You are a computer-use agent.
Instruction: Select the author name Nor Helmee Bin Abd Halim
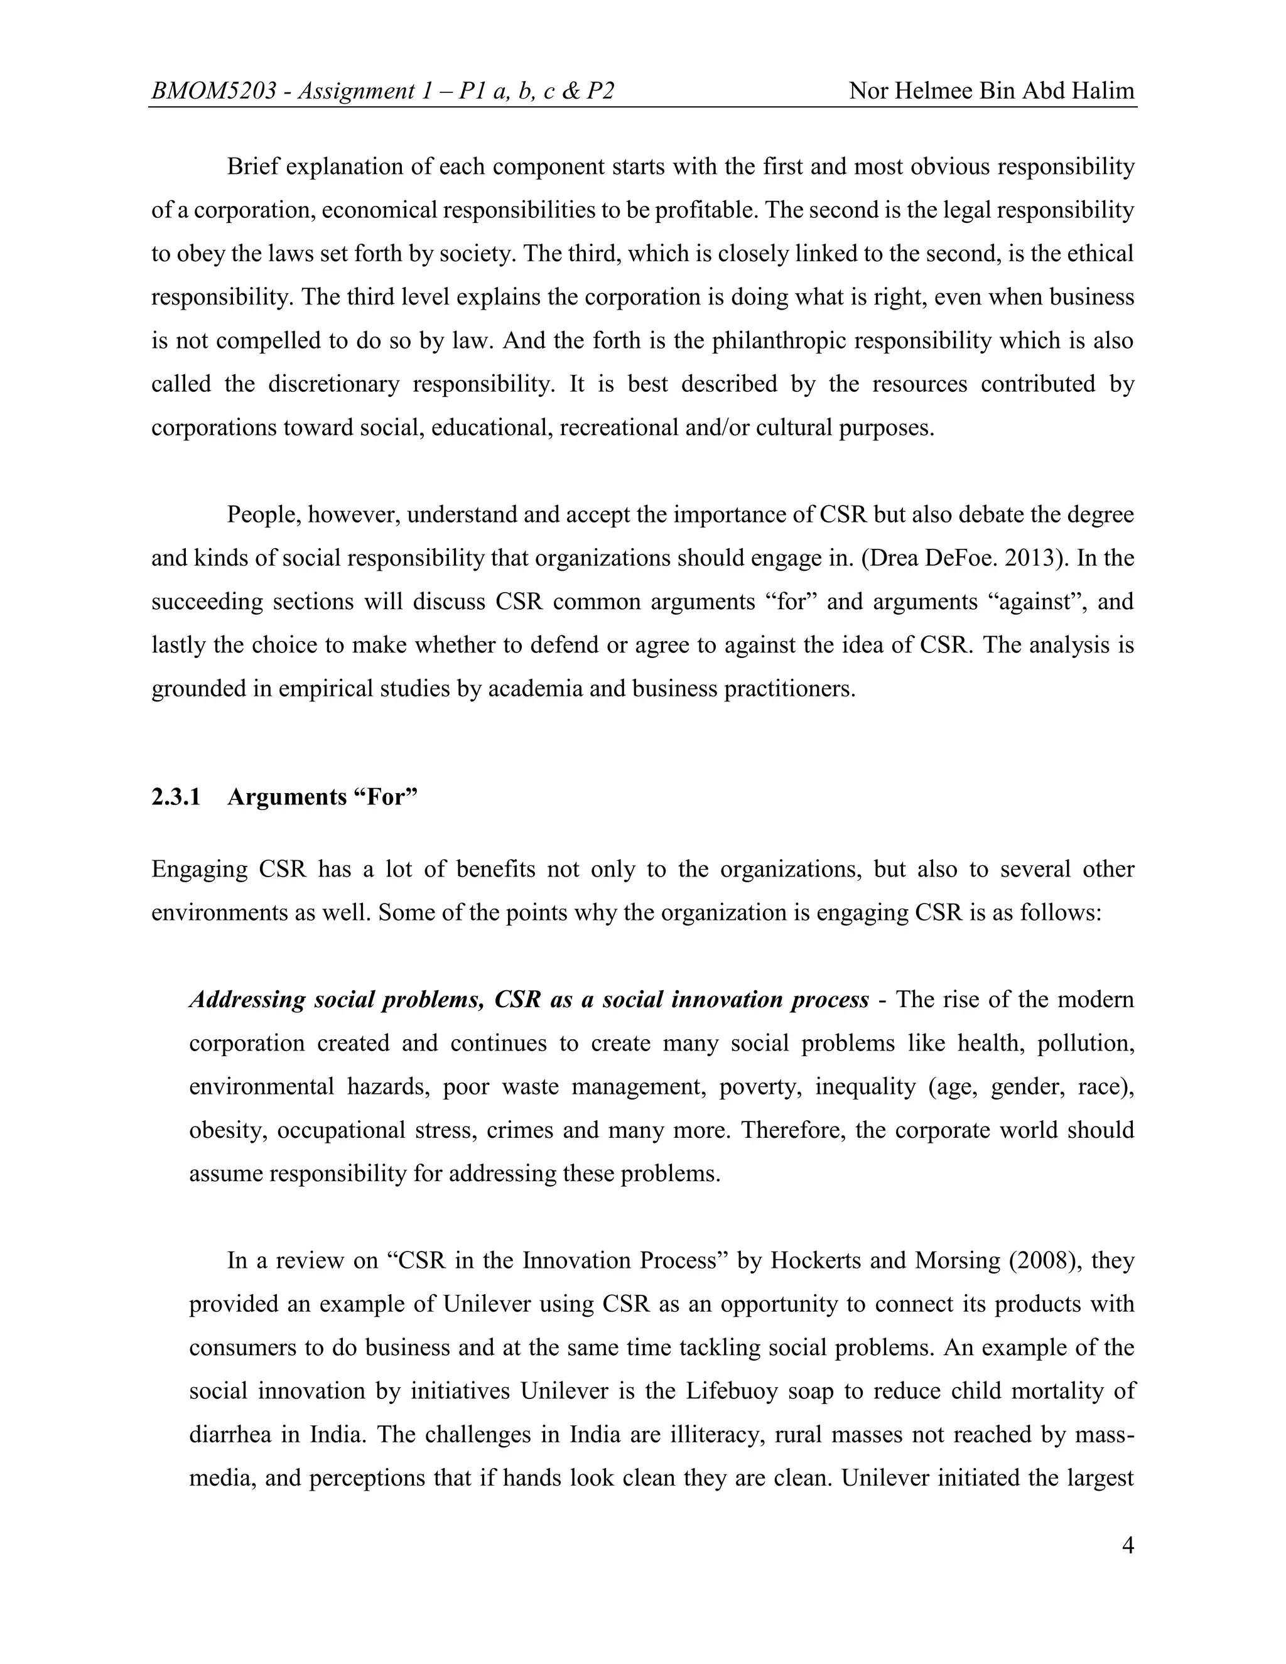991,92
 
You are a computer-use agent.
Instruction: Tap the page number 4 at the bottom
1128,1547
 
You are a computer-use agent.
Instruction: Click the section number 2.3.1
176,797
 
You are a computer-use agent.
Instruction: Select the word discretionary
333,384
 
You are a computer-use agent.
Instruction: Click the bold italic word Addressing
247,1000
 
